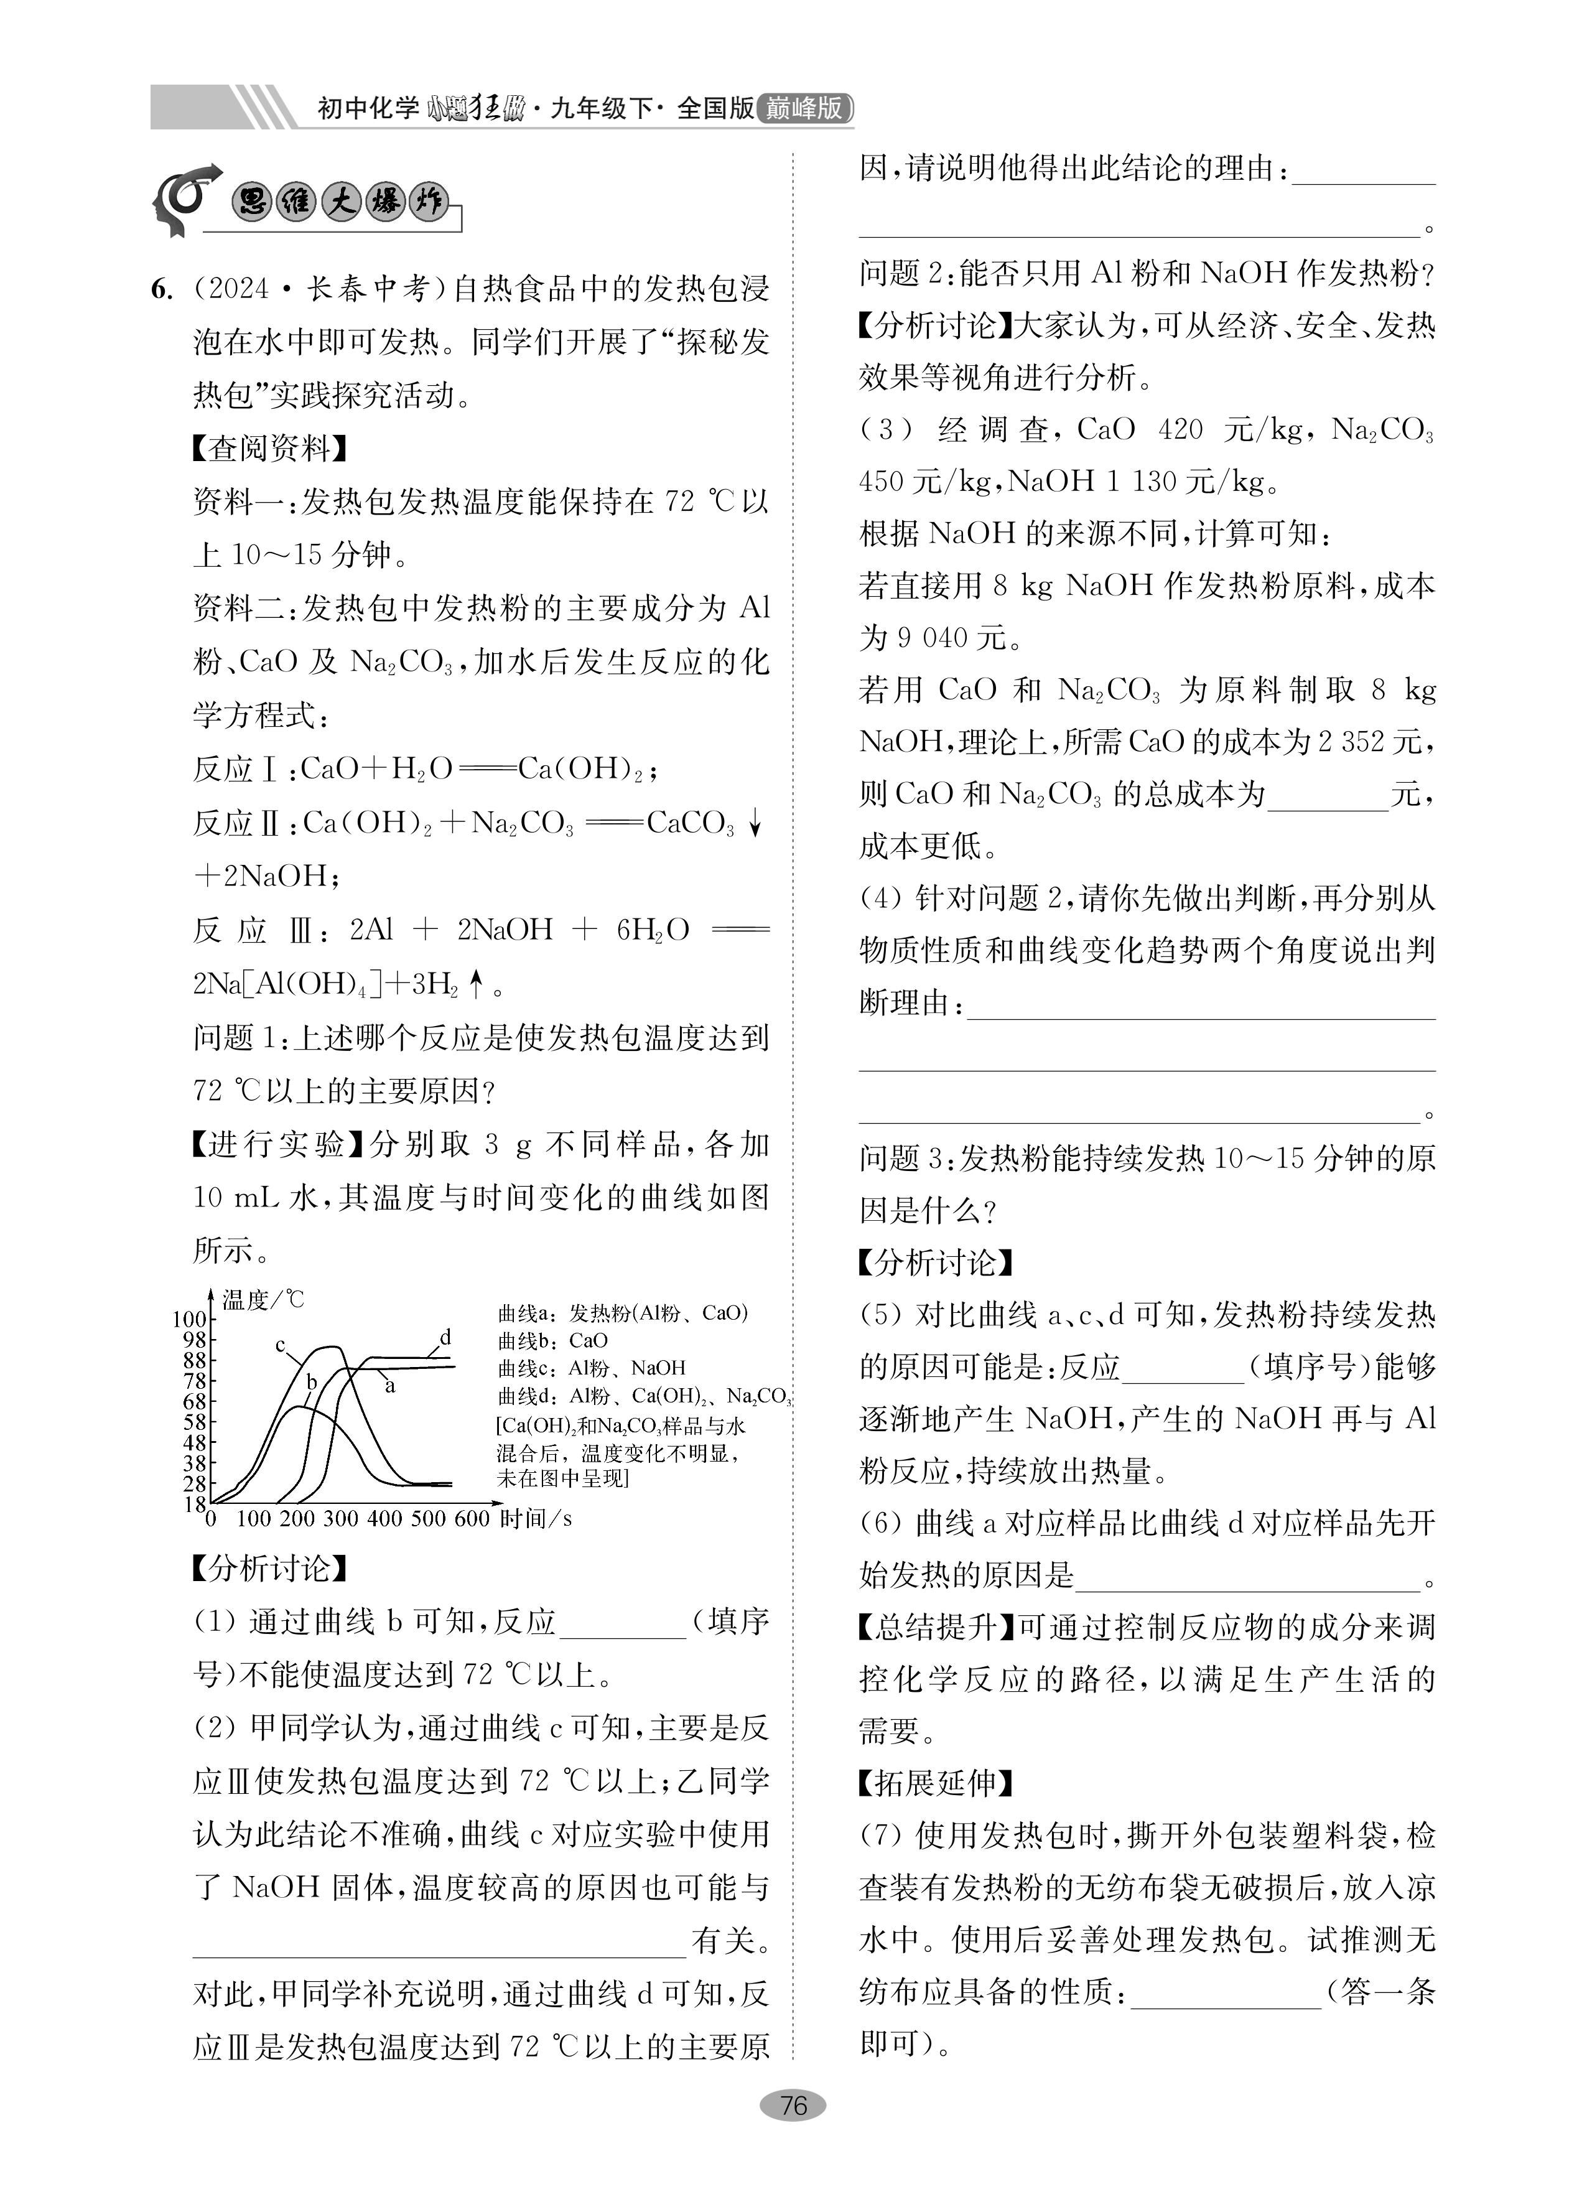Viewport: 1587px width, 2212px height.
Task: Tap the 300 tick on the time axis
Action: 340,1519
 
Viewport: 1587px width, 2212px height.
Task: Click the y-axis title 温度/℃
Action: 263,1299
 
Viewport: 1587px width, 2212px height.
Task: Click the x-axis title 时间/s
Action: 536,1519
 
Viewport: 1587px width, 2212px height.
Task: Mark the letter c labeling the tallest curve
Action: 280,1345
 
